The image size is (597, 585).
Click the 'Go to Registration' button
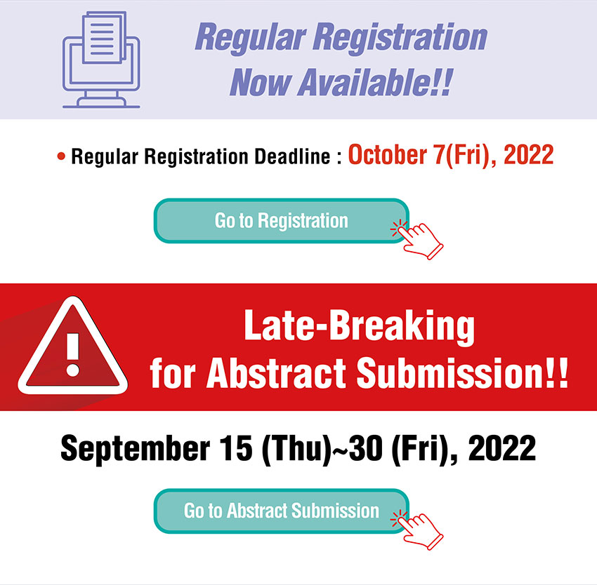[x=282, y=221]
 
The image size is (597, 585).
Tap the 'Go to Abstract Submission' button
[x=282, y=511]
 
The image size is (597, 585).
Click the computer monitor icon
[x=101, y=60]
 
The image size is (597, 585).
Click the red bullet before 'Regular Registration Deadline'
[x=61, y=156]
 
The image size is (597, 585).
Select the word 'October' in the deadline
[x=388, y=155]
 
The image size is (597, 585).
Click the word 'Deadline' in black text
[x=292, y=156]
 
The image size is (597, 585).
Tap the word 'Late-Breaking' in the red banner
[x=359, y=327]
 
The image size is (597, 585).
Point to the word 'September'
[x=135, y=449]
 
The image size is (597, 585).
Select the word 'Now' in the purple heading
[x=261, y=82]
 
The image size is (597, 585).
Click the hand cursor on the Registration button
[x=417, y=240]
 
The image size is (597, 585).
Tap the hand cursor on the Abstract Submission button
[x=417, y=530]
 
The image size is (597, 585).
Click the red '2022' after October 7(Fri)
[x=528, y=155]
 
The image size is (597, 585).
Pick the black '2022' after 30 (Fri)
[x=501, y=448]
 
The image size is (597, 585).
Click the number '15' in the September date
[x=236, y=448]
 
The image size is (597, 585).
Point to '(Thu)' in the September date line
[x=296, y=450]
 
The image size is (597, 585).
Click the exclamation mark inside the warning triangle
[x=73, y=354]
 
